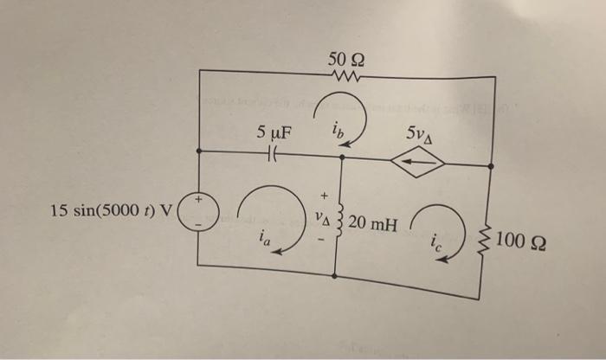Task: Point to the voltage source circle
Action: point(201,213)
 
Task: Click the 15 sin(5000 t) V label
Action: point(112,210)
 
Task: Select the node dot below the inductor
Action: point(336,276)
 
